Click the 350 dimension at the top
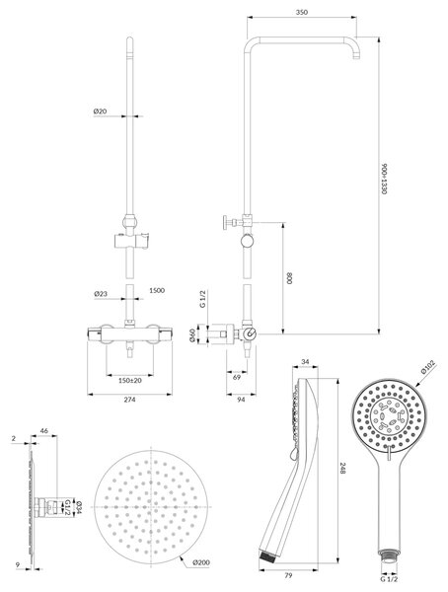point(301,12)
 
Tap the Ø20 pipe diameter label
point(100,111)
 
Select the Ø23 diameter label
point(101,293)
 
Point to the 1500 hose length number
point(157,290)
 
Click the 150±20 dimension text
point(130,380)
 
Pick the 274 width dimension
point(129,400)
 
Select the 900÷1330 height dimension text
point(384,179)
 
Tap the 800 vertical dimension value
point(290,278)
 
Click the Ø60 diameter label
point(192,334)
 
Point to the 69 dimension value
point(237,377)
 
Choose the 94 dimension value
point(241,400)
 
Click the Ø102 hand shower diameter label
point(428,367)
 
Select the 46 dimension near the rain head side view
point(44,430)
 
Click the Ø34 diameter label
point(79,507)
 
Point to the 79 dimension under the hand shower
point(288,576)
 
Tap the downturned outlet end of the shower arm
point(355,56)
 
